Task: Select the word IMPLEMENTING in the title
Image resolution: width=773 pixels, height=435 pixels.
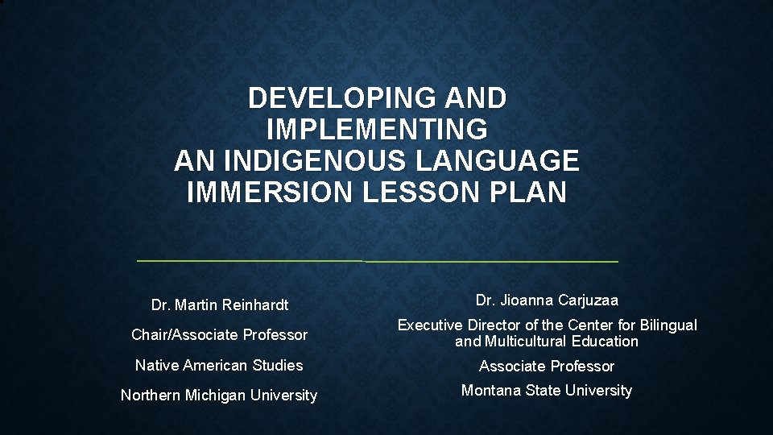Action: [x=376, y=130]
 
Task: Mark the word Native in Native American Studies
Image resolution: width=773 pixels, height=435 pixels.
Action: [x=156, y=365]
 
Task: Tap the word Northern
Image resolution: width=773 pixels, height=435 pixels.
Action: [x=151, y=396]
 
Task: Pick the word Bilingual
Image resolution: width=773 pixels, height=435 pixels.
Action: [x=667, y=325]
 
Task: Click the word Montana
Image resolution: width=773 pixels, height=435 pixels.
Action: [x=491, y=391]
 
